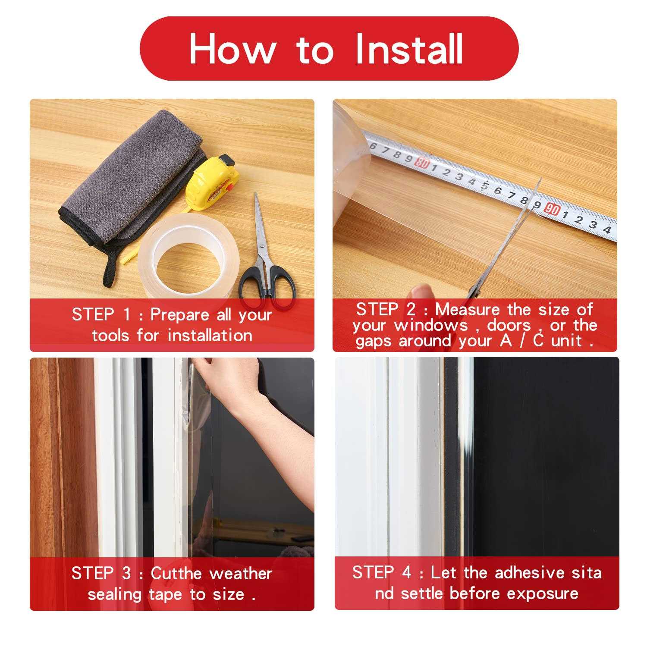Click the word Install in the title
click(x=409, y=48)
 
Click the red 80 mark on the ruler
click(x=422, y=163)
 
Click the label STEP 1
click(x=101, y=314)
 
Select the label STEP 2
click(x=386, y=309)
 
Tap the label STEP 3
click(x=101, y=573)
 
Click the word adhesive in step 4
click(x=530, y=572)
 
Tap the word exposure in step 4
click(x=543, y=594)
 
